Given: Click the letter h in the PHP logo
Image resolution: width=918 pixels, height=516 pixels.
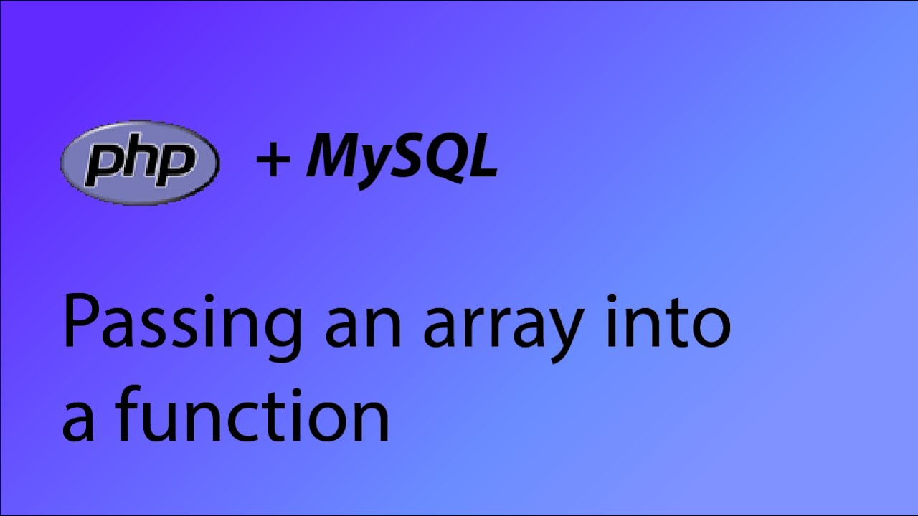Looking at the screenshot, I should click(140, 161).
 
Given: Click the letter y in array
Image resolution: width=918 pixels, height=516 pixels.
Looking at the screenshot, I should click(561, 337).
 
